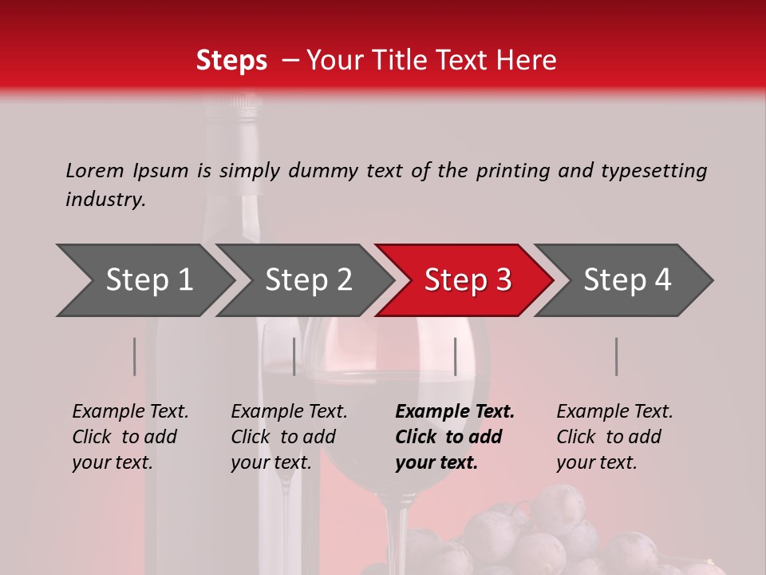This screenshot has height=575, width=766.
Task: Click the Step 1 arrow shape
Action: click(x=148, y=280)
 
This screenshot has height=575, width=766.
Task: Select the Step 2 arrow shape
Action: click(x=308, y=280)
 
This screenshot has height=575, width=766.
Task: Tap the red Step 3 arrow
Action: click(x=467, y=280)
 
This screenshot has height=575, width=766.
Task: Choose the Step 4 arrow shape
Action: click(x=626, y=280)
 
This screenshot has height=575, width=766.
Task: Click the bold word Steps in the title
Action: click(x=231, y=61)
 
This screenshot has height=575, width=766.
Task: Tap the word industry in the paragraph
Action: click(x=105, y=200)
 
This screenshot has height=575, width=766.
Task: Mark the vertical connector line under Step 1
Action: click(x=134, y=356)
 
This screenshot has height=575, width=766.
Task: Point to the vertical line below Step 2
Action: click(x=294, y=356)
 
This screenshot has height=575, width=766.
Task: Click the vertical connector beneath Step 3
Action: click(x=455, y=356)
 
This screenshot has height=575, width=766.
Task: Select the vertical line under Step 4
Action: click(x=616, y=356)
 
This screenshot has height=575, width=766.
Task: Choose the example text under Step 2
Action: click(x=288, y=437)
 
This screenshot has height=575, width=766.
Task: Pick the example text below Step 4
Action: click(x=614, y=437)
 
